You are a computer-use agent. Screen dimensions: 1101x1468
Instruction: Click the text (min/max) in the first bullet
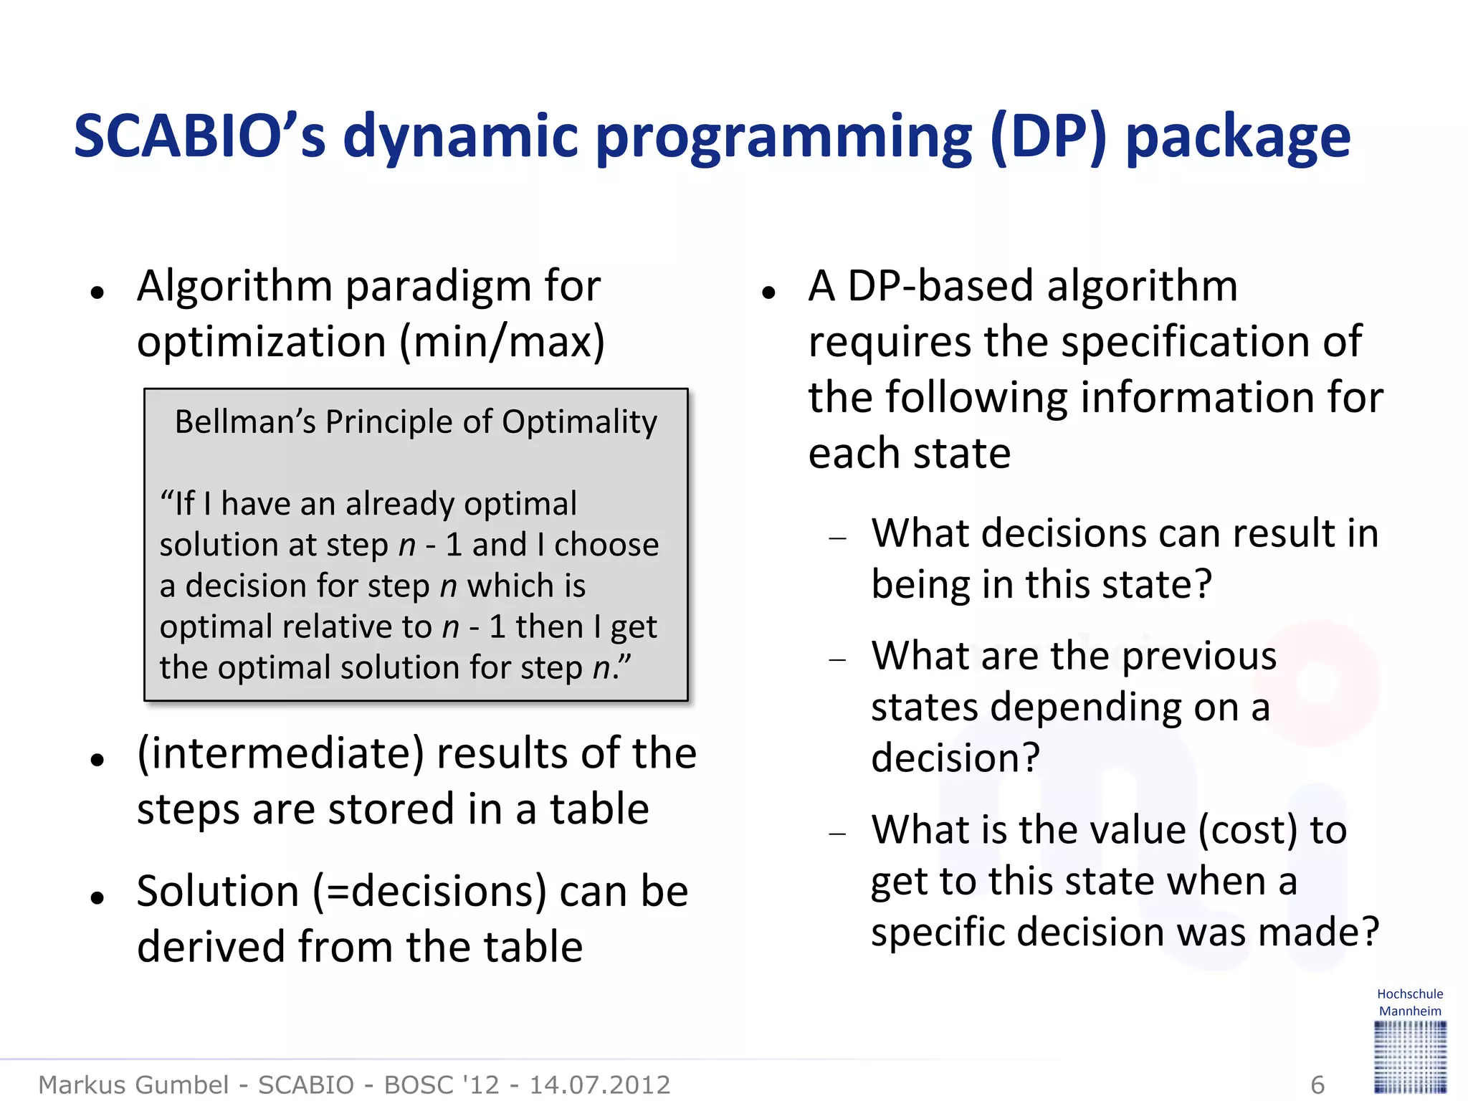point(502,343)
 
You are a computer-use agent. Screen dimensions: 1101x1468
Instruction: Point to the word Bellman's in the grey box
point(244,422)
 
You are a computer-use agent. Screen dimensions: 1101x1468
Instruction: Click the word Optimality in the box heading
point(579,422)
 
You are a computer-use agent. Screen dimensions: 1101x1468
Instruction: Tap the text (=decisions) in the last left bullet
point(429,892)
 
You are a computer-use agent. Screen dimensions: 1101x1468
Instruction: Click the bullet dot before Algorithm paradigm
point(97,292)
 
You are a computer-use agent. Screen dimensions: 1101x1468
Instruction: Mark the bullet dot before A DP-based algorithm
point(769,292)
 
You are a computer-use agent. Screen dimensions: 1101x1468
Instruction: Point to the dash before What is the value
point(837,834)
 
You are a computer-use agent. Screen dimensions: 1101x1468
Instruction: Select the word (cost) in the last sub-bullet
point(1248,830)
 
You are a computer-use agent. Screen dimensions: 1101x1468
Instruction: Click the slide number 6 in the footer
point(1317,1085)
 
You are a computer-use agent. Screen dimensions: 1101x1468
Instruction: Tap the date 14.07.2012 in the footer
point(599,1085)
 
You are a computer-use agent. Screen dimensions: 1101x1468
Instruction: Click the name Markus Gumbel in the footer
point(133,1085)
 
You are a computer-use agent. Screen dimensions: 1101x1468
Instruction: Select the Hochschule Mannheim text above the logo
point(1409,1003)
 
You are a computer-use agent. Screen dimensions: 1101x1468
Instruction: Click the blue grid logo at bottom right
point(1410,1057)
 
